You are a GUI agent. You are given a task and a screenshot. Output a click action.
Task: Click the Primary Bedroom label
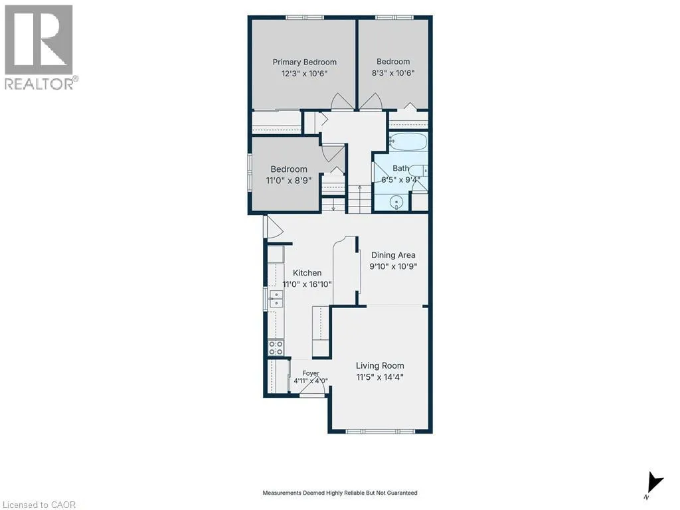point(304,62)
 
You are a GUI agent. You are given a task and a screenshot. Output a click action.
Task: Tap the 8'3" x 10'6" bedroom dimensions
point(393,73)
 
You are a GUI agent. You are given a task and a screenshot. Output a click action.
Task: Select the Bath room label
point(400,168)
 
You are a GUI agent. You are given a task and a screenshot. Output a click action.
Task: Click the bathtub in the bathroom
point(408,142)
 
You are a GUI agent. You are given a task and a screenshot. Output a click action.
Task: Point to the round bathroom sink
point(396,203)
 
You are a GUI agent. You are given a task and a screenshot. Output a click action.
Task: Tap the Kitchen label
point(307,273)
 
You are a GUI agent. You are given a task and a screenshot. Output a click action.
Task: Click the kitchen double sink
point(276,299)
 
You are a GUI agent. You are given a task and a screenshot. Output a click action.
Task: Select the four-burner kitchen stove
point(276,347)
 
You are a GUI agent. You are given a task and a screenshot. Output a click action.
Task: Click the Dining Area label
point(393,255)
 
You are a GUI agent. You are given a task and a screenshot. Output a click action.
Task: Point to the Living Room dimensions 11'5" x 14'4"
point(380,377)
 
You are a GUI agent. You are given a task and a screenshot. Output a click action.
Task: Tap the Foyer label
point(311,373)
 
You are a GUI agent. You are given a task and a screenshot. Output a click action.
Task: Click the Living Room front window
point(380,431)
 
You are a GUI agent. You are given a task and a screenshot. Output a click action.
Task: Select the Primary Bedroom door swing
point(341,102)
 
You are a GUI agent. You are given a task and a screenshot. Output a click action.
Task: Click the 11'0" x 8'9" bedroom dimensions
point(289,180)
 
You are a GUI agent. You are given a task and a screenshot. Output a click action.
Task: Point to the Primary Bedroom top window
point(304,17)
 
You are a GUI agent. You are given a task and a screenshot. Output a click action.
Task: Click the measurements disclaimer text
point(340,493)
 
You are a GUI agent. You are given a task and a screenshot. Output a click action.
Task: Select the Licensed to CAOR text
point(39,505)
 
